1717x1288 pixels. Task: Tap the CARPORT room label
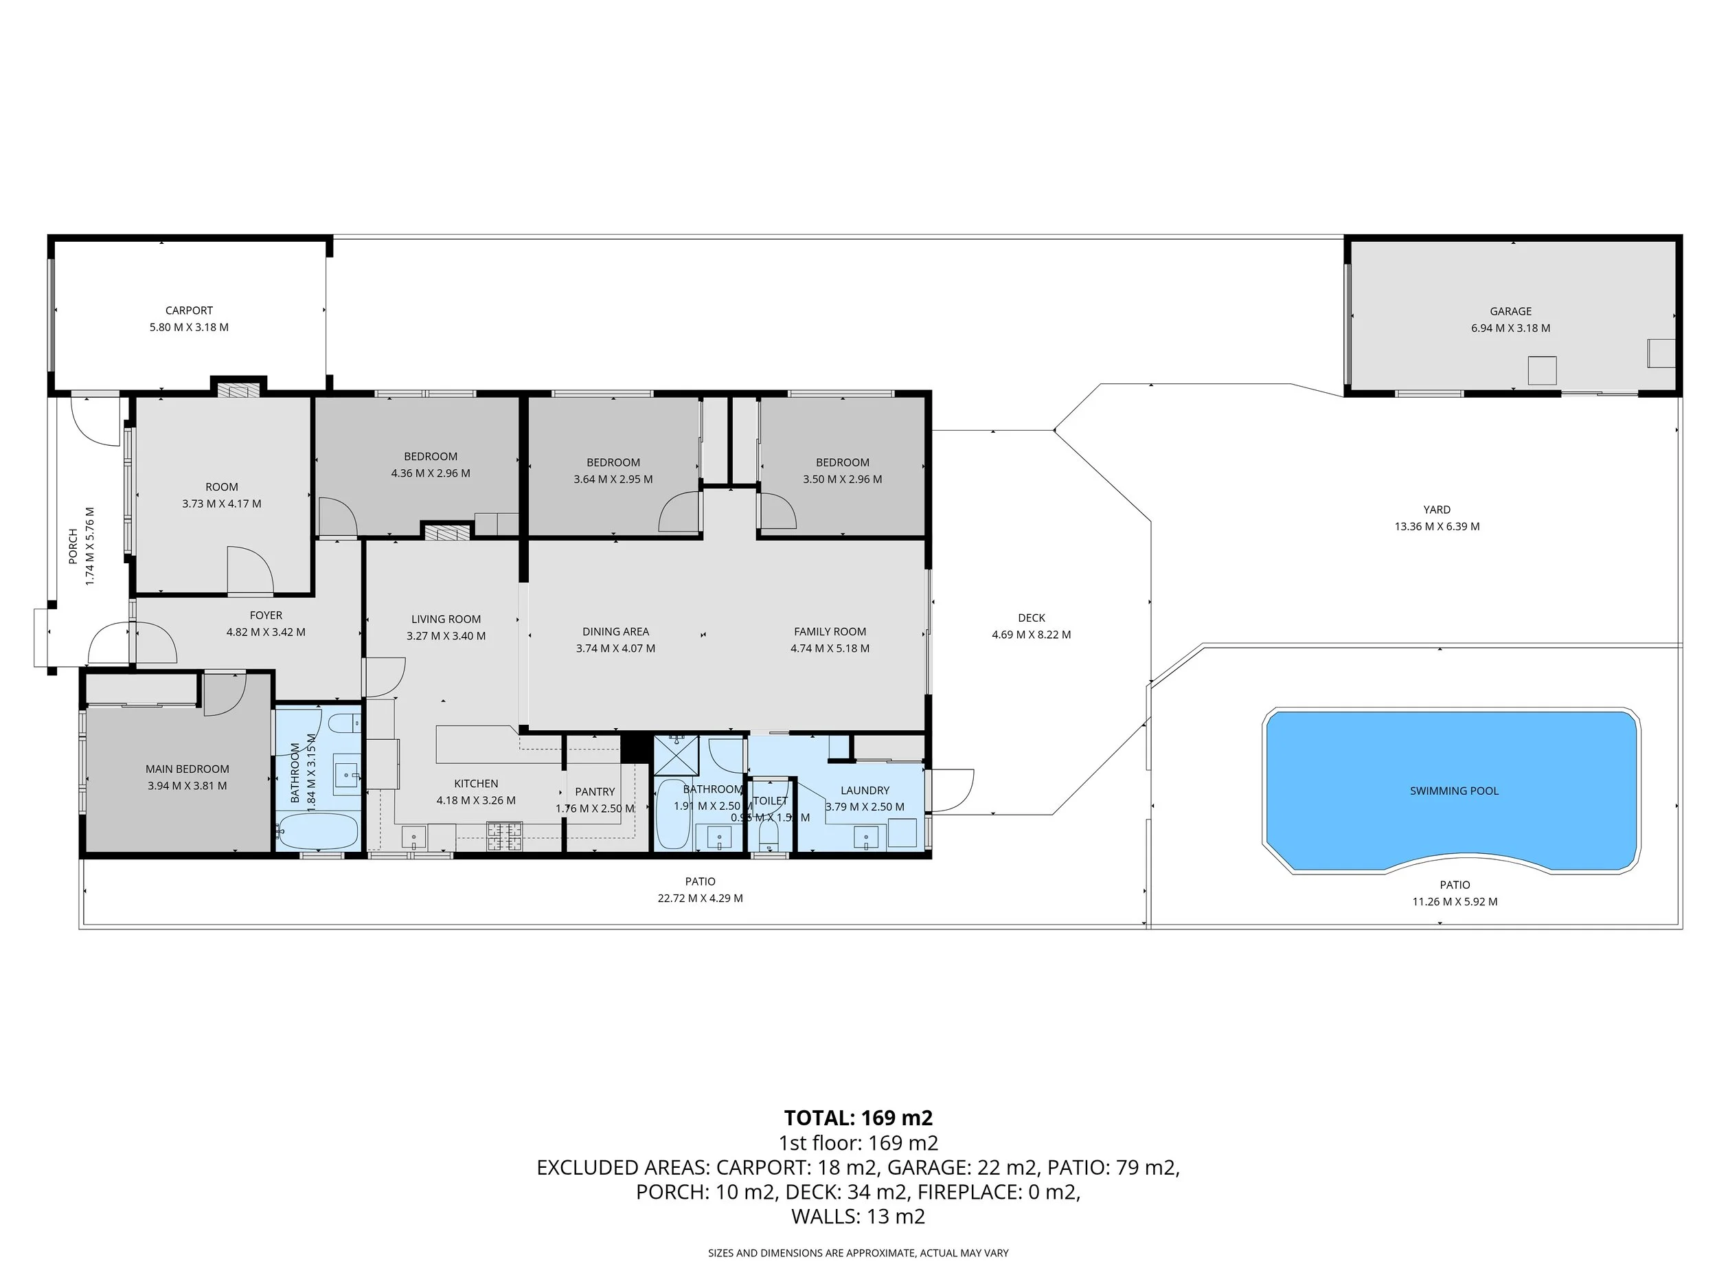(189, 310)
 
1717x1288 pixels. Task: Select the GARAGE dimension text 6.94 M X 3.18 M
(1510, 328)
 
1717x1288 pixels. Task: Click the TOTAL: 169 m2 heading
(858, 1118)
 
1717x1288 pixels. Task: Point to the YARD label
(1436, 509)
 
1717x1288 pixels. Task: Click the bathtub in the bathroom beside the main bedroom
(317, 831)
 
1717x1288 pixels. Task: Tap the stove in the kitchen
(505, 836)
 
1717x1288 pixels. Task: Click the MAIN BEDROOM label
(187, 769)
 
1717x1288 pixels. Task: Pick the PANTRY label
(595, 791)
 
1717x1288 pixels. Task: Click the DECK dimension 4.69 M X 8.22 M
(1031, 634)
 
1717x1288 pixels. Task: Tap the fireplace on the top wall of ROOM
(238, 389)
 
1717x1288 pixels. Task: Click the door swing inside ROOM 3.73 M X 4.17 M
(250, 571)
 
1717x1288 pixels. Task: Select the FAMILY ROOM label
(829, 631)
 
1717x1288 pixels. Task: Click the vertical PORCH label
(73, 546)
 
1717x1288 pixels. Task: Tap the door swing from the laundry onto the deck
(953, 789)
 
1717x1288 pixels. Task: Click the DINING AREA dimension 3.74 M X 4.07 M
(615, 648)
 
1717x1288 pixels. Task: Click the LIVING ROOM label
(446, 619)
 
